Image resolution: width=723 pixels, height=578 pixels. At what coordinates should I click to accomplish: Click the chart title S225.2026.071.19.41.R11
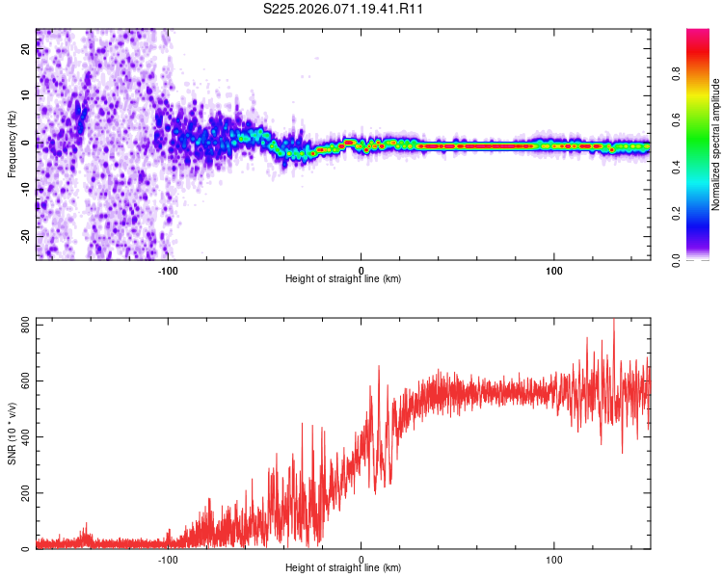(x=344, y=9)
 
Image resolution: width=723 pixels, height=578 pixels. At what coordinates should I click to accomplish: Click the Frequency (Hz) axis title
(x=12, y=144)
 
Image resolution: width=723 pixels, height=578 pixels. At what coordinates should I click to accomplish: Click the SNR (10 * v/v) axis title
(x=12, y=434)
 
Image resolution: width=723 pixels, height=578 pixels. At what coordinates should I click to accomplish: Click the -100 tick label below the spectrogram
(x=168, y=271)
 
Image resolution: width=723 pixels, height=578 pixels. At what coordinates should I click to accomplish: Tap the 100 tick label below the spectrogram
(x=554, y=271)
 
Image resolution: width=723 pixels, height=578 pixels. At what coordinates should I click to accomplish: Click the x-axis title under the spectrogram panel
(x=343, y=279)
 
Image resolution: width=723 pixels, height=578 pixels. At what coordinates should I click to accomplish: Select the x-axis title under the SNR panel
(x=343, y=568)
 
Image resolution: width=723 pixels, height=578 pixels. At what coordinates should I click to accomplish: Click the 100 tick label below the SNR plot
(x=554, y=560)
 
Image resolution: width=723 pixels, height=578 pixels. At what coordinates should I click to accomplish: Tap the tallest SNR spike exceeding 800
(x=614, y=322)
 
